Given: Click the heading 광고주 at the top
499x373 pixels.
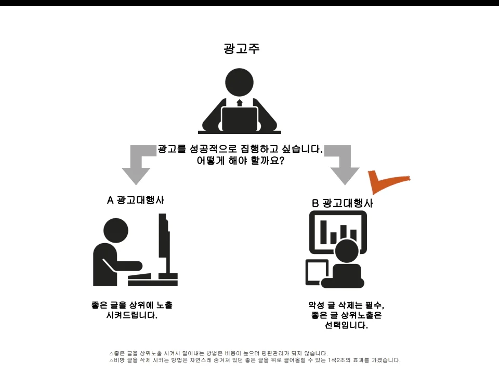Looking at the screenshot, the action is pyautogui.click(x=242, y=49).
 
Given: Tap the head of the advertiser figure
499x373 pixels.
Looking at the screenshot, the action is pyautogui.click(x=239, y=82).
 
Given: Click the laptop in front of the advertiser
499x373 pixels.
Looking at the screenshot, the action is pyautogui.click(x=239, y=119).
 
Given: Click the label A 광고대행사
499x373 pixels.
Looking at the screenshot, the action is pyautogui.click(x=136, y=200).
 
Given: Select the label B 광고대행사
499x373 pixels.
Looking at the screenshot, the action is pyautogui.click(x=343, y=203).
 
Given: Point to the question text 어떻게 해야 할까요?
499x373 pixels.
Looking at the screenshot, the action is pyautogui.click(x=240, y=161).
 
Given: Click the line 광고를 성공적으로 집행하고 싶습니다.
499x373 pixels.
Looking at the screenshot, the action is pyautogui.click(x=240, y=149).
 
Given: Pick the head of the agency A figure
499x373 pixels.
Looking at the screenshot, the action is pyautogui.click(x=116, y=230).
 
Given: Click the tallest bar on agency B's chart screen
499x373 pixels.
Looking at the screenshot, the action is pyautogui.click(x=324, y=232).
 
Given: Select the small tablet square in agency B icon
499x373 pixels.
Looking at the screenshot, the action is pyautogui.click(x=317, y=272).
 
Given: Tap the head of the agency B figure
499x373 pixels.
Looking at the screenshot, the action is pyautogui.click(x=347, y=251).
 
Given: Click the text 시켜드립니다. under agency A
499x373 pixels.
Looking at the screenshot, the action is pyautogui.click(x=132, y=315).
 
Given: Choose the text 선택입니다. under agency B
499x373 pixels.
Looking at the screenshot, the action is pyautogui.click(x=346, y=325).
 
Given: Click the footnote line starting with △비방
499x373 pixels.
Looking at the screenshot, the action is pyautogui.click(x=255, y=361).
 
